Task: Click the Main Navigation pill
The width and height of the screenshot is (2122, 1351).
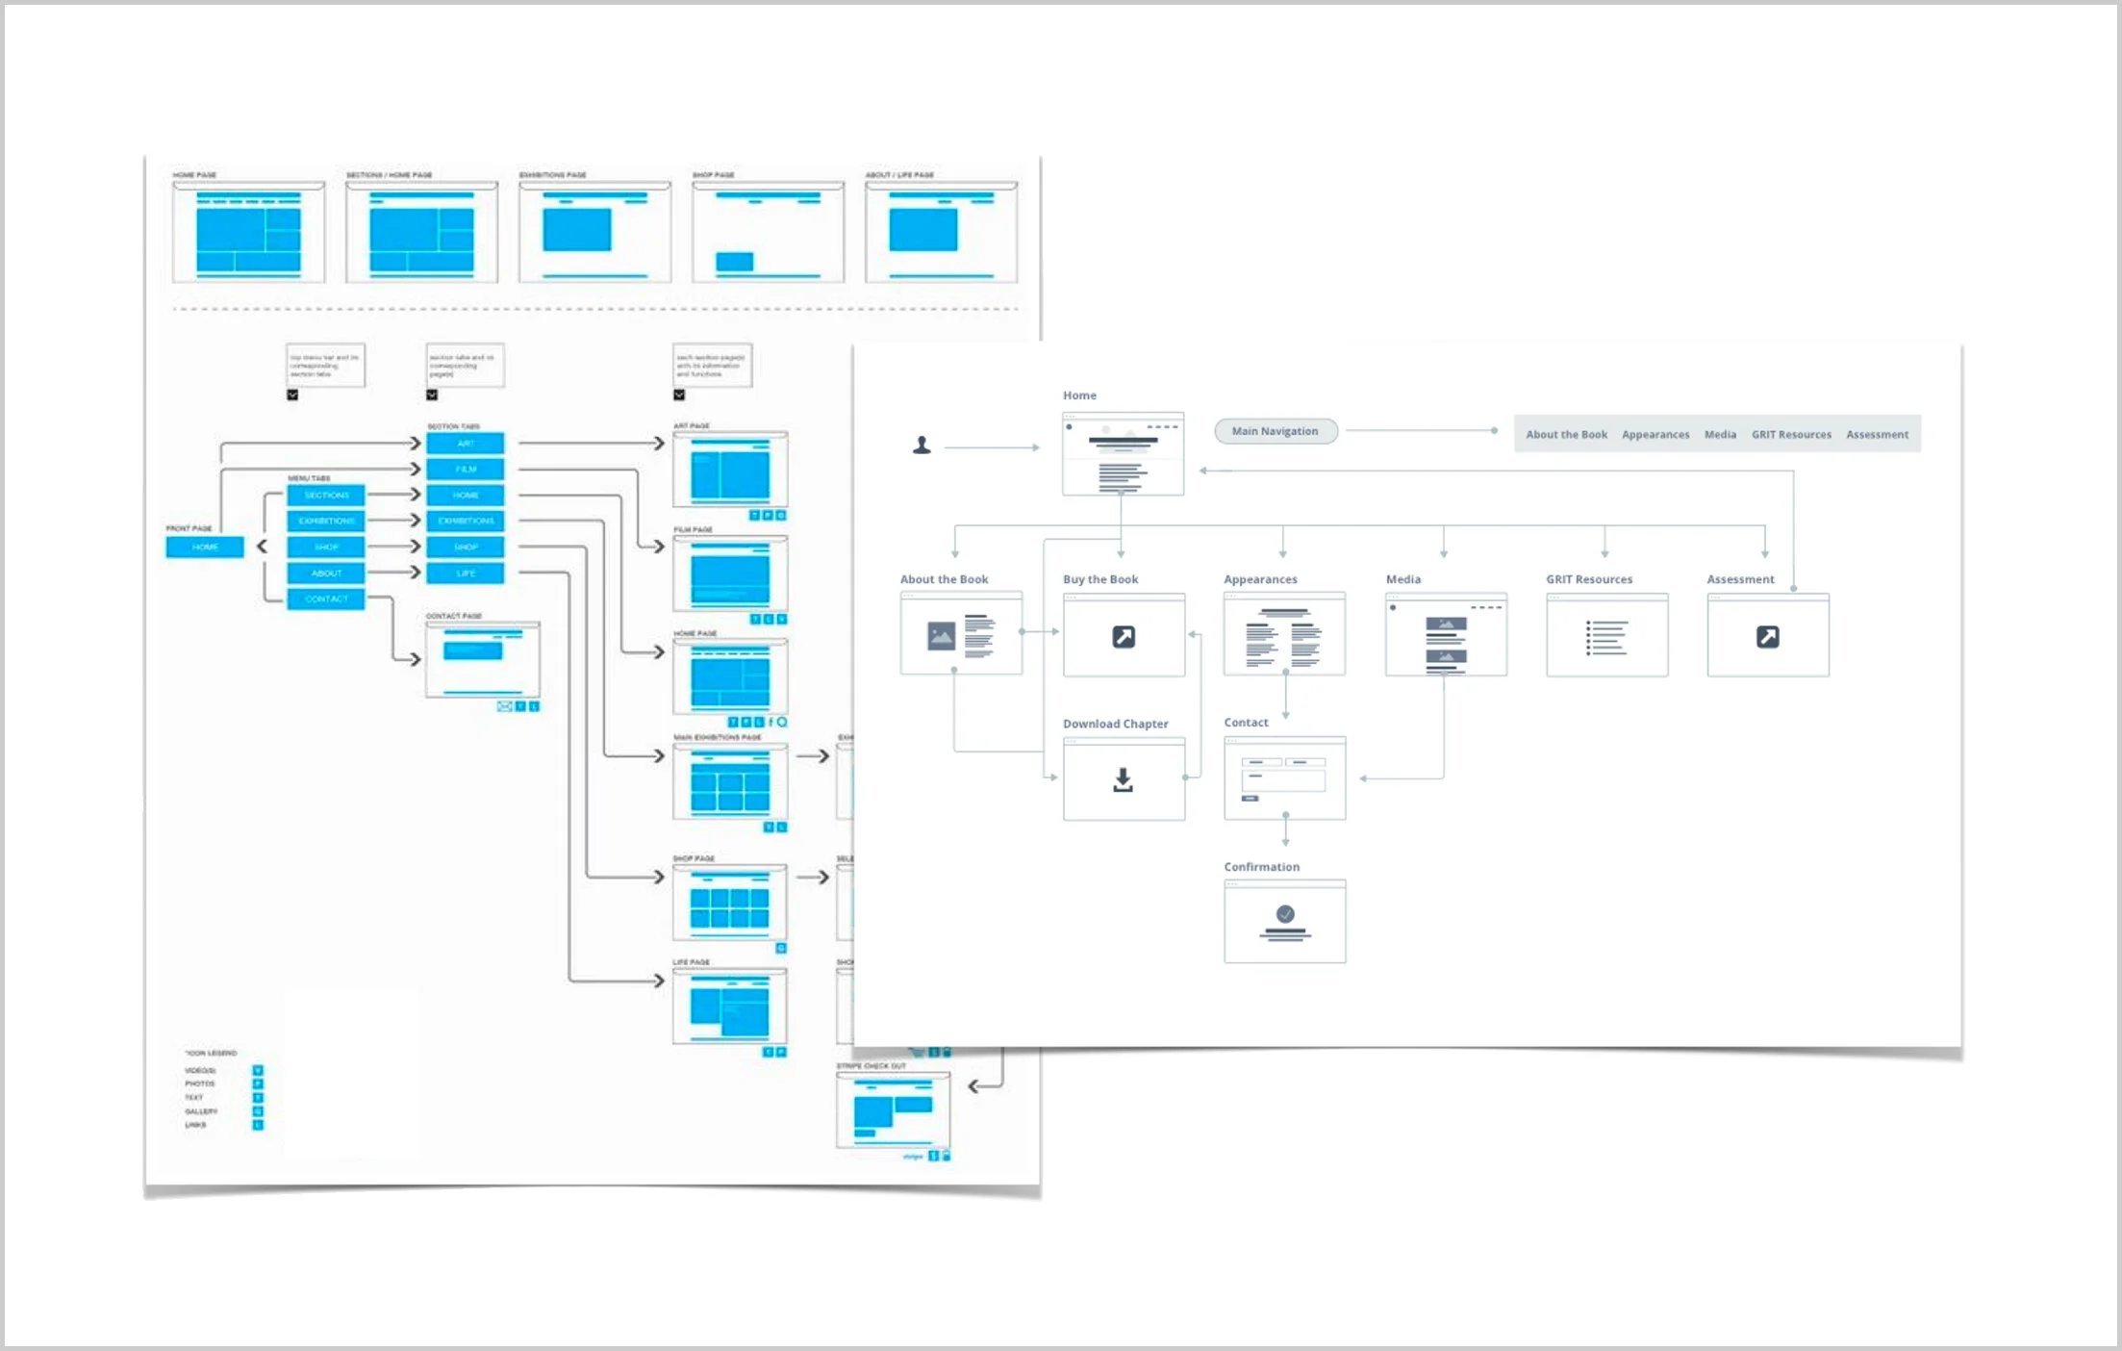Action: [1275, 431]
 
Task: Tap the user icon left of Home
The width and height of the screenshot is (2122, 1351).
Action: [922, 446]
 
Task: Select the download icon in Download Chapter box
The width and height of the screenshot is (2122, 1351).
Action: [1123, 780]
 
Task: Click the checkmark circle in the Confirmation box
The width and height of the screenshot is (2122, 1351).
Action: [1285, 914]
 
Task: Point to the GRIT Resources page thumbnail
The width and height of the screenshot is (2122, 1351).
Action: [1606, 636]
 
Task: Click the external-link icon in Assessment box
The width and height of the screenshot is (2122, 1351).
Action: [1767, 637]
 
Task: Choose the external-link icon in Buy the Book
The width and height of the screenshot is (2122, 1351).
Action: [1124, 637]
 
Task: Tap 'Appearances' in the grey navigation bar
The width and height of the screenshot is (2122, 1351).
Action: [1655, 435]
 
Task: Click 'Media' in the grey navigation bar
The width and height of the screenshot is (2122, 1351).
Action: [1720, 435]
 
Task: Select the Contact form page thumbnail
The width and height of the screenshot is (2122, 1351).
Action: [1284, 778]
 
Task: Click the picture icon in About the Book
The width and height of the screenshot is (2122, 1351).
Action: [941, 636]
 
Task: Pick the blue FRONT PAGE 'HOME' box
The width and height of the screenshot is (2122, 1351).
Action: [205, 548]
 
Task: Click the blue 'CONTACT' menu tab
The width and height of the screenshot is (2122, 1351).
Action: [326, 599]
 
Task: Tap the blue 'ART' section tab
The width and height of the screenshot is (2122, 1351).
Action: [466, 444]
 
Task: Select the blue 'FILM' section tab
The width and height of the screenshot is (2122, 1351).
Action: [466, 470]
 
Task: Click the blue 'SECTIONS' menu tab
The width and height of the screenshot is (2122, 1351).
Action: [326, 496]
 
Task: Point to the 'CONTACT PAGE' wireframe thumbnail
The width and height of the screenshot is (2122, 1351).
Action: [483, 660]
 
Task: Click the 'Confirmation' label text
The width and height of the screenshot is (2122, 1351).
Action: [1261, 867]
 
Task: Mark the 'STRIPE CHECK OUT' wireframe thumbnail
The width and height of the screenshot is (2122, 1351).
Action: [893, 1110]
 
